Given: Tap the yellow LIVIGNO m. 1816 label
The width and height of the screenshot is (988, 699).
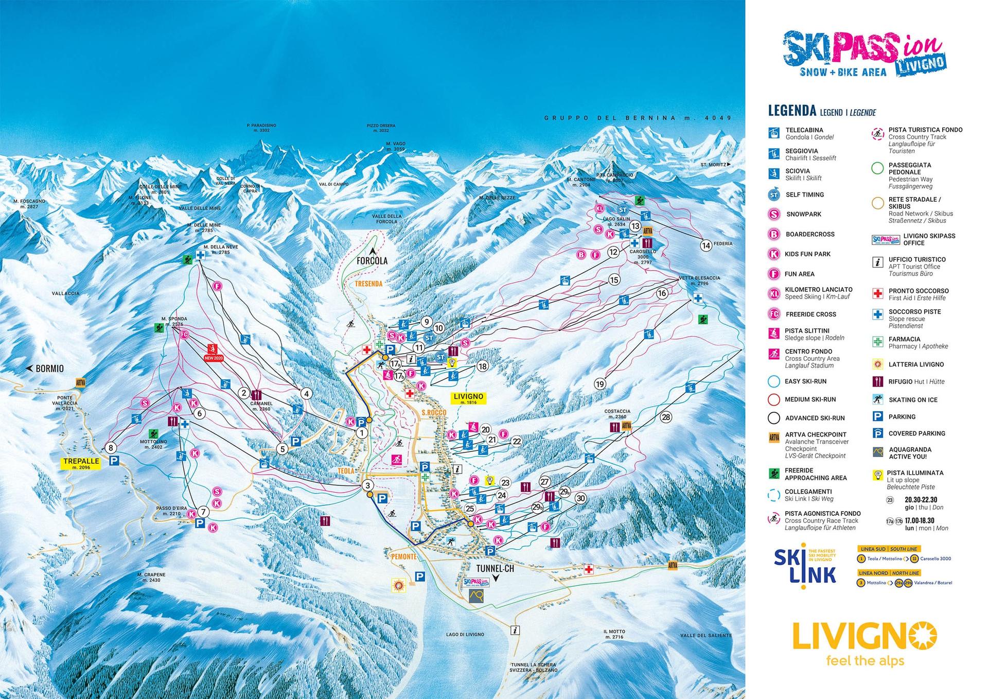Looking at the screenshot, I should pos(468,398).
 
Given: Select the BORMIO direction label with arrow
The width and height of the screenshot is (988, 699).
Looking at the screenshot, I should pos(46,369).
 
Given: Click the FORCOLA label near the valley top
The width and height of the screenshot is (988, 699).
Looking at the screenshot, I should pos(372,261).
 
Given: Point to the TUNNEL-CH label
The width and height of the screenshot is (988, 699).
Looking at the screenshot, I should pos(495,569).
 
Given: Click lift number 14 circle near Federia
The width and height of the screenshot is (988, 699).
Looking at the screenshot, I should pos(706,246).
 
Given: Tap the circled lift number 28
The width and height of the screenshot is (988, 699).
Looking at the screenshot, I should pos(666,417).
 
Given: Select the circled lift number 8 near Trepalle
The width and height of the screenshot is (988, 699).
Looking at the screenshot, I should pos(110,448).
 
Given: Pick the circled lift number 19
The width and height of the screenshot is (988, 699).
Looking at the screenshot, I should pos(599,383).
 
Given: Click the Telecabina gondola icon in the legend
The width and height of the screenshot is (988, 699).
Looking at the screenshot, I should pos(773,133).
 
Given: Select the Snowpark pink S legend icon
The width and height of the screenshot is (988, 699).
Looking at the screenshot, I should pos(774,214).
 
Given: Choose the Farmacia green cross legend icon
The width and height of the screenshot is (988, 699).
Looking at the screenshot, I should pos(877,342).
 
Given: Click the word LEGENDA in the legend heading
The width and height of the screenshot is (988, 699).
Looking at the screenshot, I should pos(792,111).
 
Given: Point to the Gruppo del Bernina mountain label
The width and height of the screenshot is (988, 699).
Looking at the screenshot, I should pos(638,118).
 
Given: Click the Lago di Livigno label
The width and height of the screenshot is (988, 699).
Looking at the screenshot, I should pos(465,634).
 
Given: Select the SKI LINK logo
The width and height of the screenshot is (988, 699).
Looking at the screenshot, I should pos(805,565).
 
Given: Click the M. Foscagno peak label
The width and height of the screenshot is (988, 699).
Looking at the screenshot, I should pos(29,204).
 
